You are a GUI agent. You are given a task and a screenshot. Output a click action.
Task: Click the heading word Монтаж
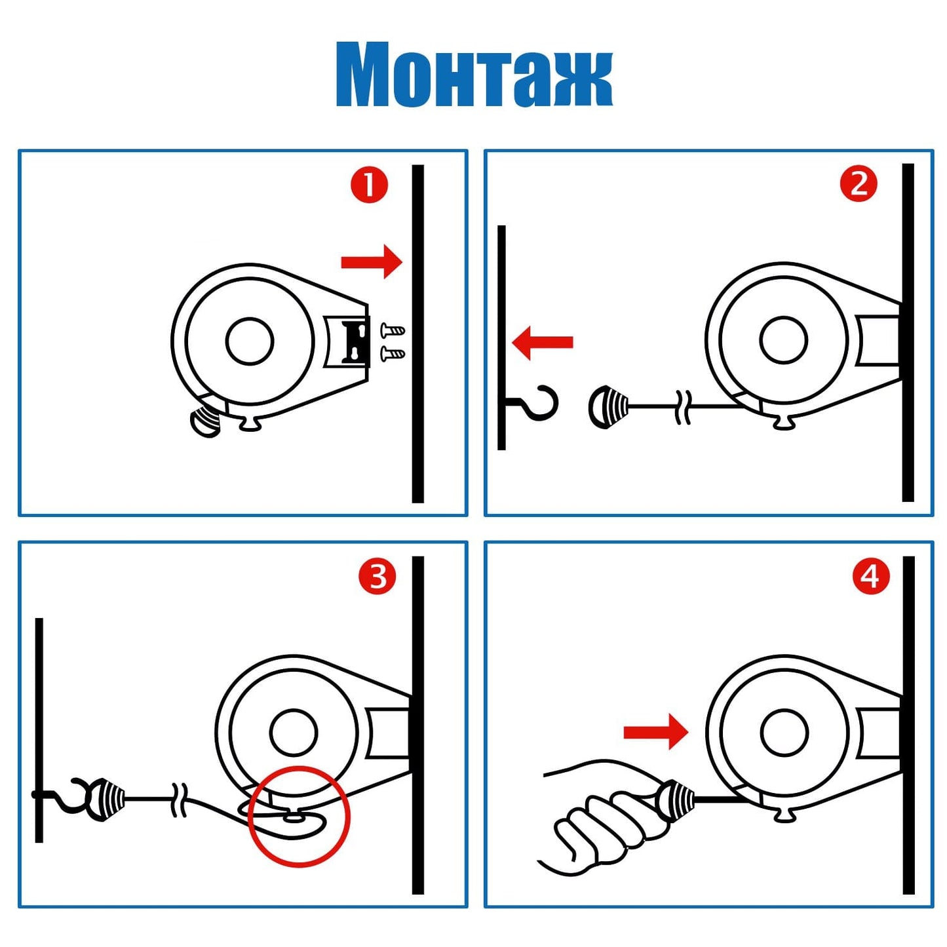[x=474, y=73]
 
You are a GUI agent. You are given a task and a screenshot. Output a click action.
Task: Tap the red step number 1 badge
[x=369, y=185]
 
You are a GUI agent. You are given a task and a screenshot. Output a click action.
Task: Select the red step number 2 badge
[x=858, y=185]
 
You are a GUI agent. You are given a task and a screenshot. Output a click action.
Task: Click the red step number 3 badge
[x=377, y=577]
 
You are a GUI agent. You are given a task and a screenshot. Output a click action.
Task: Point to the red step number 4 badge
[x=872, y=576]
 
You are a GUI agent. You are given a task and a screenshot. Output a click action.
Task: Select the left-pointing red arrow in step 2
[x=542, y=342]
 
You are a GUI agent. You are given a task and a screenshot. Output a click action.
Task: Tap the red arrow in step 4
[x=655, y=733]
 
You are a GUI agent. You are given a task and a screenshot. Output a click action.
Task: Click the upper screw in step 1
[x=393, y=330]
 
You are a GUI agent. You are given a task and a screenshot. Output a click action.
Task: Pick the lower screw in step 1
[x=393, y=353]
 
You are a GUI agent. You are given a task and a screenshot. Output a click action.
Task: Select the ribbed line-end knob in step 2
[x=608, y=407]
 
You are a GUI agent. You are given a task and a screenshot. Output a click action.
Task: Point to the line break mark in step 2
[x=684, y=407]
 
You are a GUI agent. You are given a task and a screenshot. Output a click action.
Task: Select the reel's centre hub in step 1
[x=250, y=341]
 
